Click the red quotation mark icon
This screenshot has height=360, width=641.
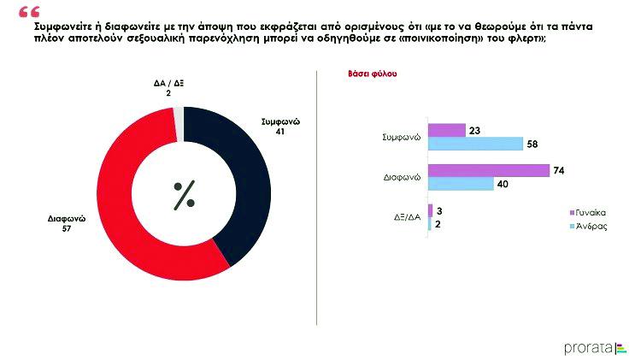(x=27, y=12)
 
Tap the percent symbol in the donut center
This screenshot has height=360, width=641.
(x=184, y=195)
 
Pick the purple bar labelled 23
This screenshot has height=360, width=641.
(x=446, y=131)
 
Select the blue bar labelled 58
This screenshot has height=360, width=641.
(x=474, y=143)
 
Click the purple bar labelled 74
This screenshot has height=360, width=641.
(x=488, y=171)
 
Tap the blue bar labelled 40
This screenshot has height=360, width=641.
(x=461, y=184)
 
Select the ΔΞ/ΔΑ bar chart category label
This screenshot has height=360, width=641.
(x=403, y=217)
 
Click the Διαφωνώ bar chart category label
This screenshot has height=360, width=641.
(x=402, y=177)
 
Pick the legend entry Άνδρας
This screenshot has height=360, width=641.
(x=591, y=226)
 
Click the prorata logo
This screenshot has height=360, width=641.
(x=595, y=346)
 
